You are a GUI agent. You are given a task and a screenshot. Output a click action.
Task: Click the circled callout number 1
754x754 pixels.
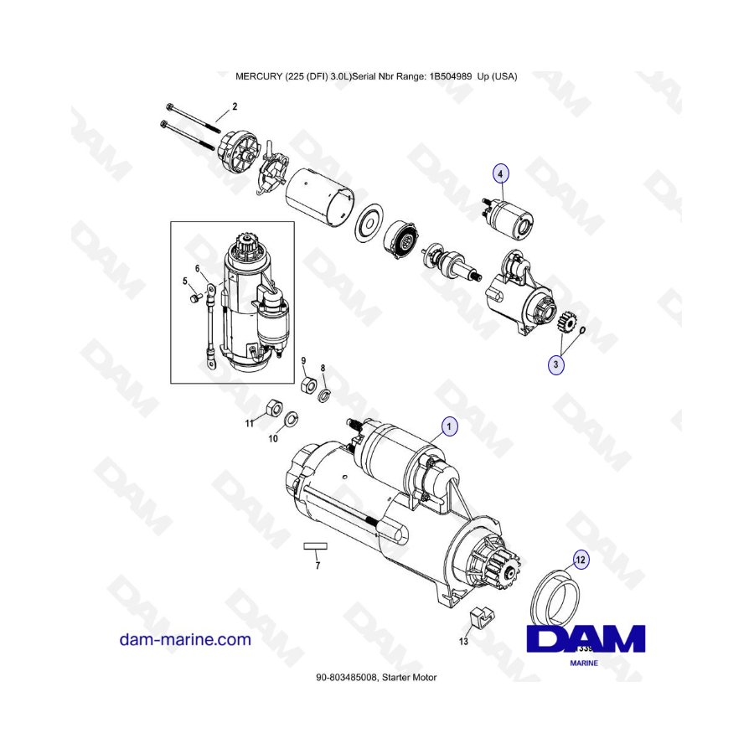450,427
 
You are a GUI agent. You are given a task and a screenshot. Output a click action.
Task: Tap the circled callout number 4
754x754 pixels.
500,173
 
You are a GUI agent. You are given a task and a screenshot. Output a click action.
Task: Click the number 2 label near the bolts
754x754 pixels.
235,106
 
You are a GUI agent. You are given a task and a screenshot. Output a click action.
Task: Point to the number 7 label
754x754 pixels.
318,566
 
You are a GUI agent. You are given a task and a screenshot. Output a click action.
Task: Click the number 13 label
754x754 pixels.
464,642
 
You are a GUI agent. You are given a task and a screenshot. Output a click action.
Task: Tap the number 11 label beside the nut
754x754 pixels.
249,424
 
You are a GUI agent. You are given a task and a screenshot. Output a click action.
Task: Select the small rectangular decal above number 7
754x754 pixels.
315,545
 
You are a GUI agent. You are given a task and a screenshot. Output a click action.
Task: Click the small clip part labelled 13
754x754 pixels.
481,618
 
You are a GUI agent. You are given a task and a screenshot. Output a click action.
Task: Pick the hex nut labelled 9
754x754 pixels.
307,385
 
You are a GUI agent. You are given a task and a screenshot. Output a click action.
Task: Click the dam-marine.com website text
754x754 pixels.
185,639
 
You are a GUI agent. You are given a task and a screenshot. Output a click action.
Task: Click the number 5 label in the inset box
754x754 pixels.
186,281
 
